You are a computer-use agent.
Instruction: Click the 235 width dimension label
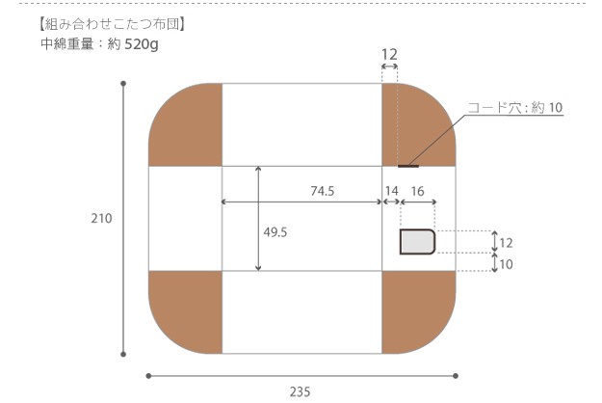pyautogui.click(x=300, y=391)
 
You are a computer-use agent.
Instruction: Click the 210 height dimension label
pyautogui.click(x=101, y=218)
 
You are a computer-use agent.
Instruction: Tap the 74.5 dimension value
pyautogui.click(x=323, y=191)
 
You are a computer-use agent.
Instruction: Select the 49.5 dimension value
pyautogui.click(x=275, y=232)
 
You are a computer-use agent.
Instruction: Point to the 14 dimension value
pyautogui.click(x=392, y=191)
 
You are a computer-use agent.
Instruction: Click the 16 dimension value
pyautogui.click(x=417, y=191)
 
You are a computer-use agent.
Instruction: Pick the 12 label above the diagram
pyautogui.click(x=389, y=55)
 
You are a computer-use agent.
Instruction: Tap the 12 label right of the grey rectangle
pyautogui.click(x=506, y=243)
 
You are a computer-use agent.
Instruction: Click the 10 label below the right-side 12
pyautogui.click(x=506, y=264)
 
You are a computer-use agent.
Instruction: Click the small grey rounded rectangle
pyautogui.click(x=417, y=242)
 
